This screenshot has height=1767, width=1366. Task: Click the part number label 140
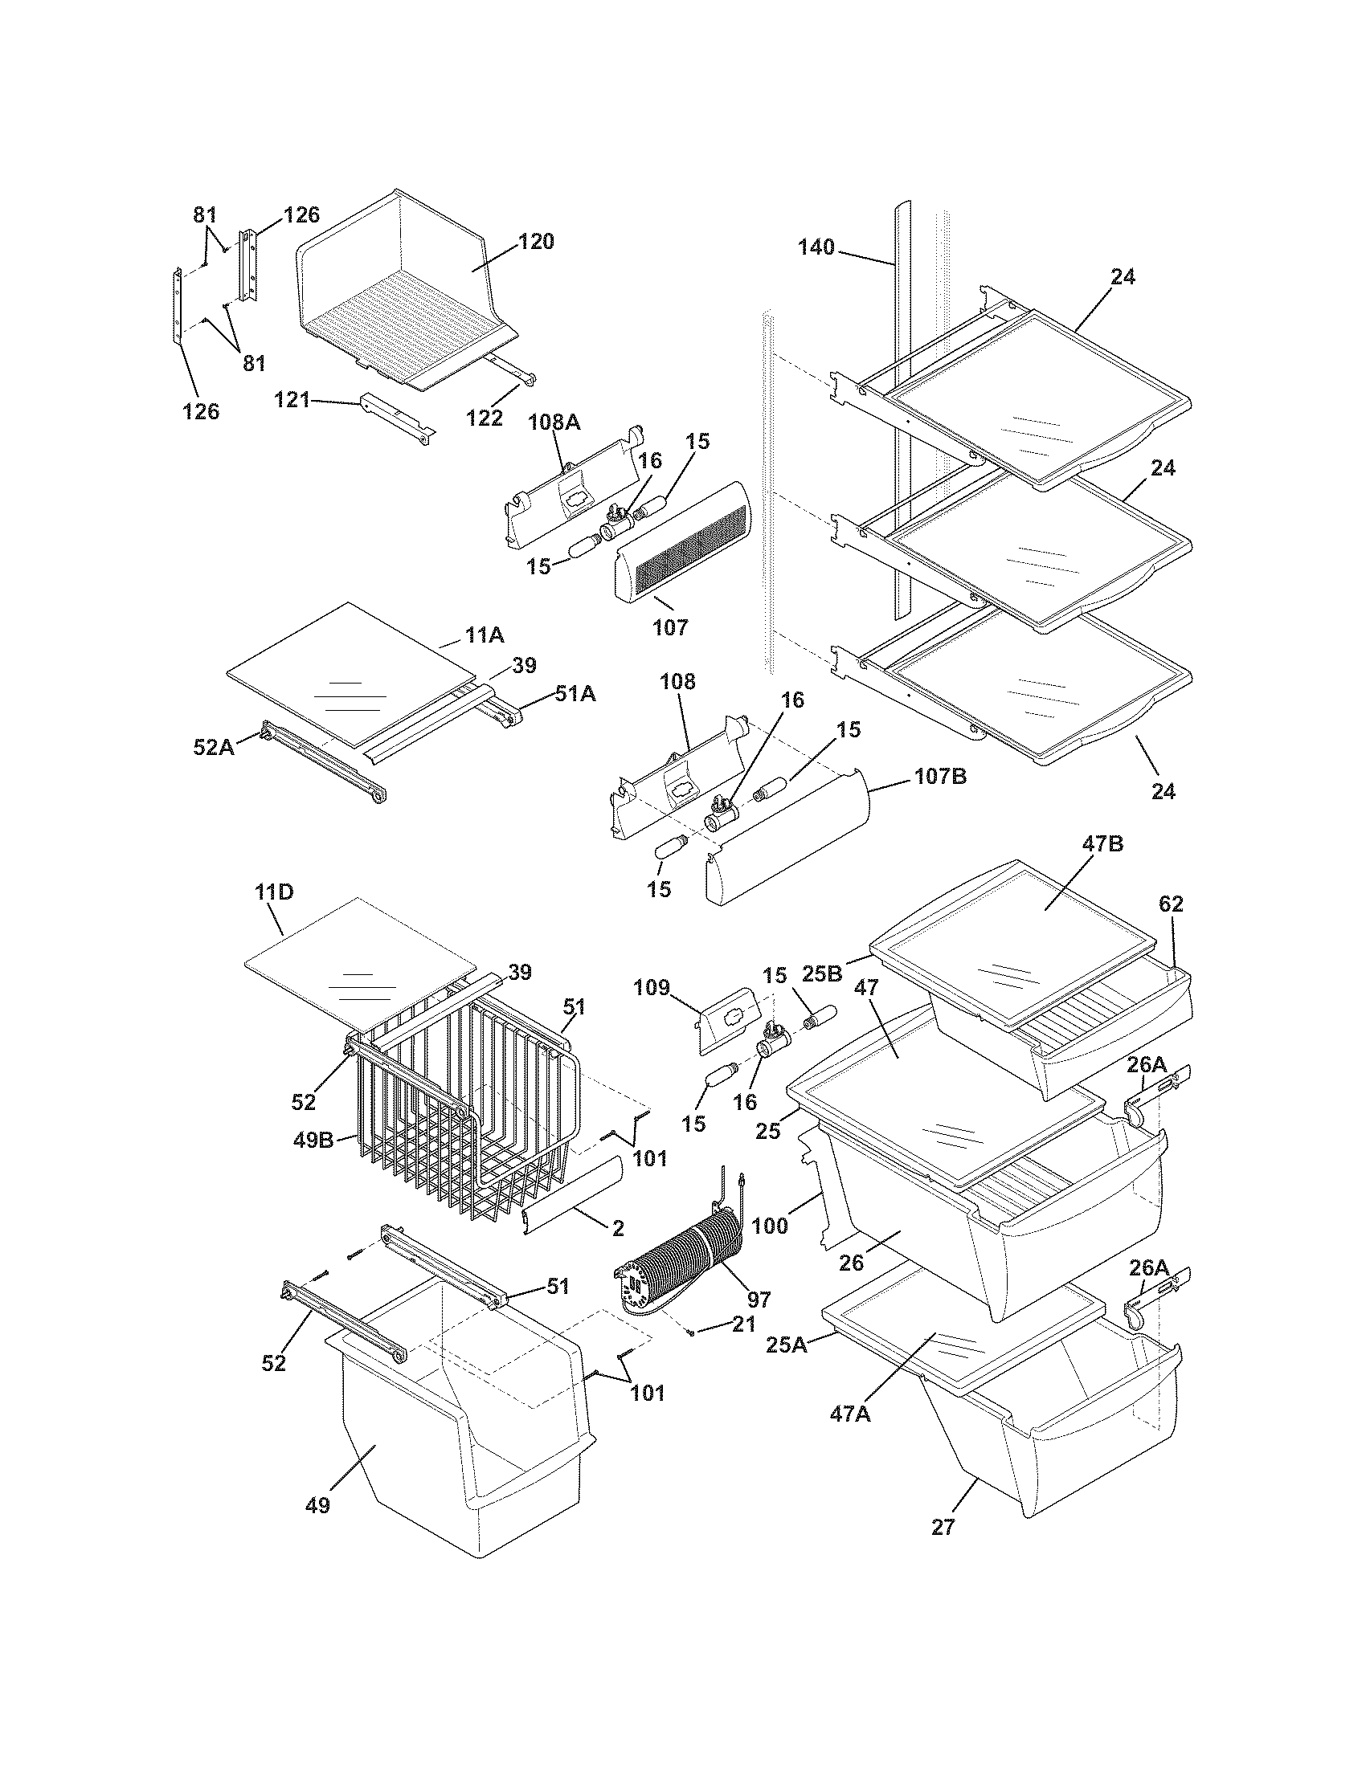click(816, 247)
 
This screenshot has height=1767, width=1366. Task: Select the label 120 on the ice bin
click(536, 241)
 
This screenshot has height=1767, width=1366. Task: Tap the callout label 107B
click(940, 777)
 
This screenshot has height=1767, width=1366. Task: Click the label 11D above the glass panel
click(273, 892)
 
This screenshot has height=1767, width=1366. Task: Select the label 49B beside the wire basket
click(313, 1141)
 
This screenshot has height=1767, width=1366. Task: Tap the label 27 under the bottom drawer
click(943, 1528)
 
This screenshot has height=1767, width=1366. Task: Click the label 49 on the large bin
click(318, 1505)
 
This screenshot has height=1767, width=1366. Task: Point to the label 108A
click(554, 422)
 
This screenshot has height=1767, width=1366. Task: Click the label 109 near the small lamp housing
click(652, 987)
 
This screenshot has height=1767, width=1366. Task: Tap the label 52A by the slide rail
click(214, 747)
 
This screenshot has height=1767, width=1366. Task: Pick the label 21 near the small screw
click(744, 1324)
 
